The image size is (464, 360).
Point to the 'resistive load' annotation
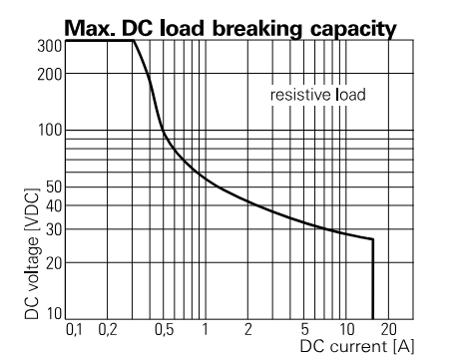pyautogui.click(x=318, y=96)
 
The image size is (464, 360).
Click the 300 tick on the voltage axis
pyautogui.click(x=49, y=46)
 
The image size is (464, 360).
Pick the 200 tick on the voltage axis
pyautogui.click(x=49, y=74)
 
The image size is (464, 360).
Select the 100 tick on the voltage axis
pyautogui.click(x=49, y=131)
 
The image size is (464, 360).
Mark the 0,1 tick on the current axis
pyautogui.click(x=75, y=329)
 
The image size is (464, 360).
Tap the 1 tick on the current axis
pyautogui.click(x=205, y=329)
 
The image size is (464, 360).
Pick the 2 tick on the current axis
pyautogui.click(x=248, y=329)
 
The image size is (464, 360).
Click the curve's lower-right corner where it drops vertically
pyautogui.click(x=373, y=239)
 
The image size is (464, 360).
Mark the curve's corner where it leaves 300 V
pyautogui.click(x=134, y=41)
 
